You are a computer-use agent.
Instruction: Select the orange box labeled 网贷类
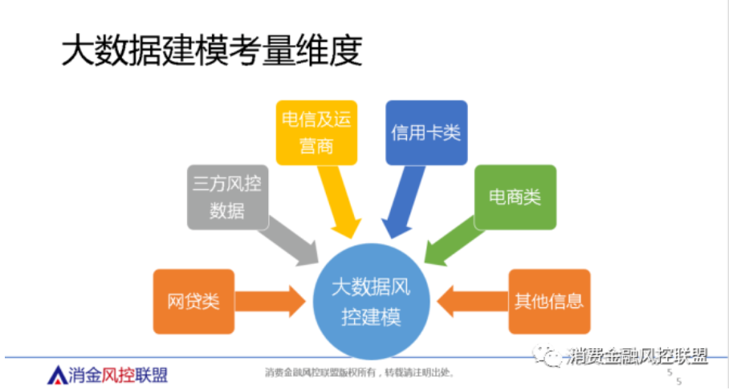click(193, 301)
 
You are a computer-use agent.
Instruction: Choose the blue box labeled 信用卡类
click(426, 132)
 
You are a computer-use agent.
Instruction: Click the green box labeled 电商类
click(515, 197)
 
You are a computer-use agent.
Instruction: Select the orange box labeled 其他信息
click(549, 301)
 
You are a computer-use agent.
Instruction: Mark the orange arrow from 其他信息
click(474, 301)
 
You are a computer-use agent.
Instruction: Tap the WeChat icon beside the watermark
click(554, 355)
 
